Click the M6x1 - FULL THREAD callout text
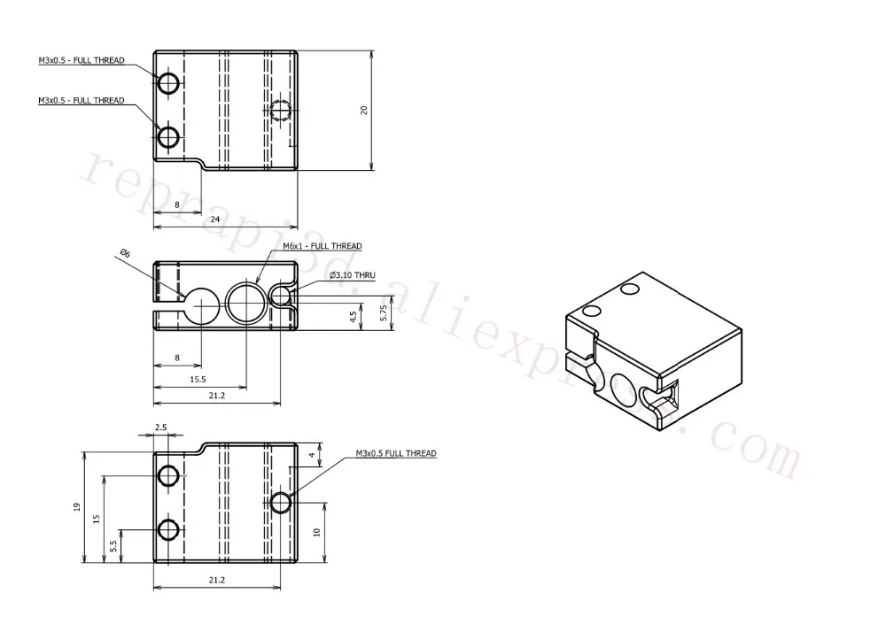tap(322, 246)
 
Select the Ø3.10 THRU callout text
tap(352, 276)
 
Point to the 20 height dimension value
tap(363, 110)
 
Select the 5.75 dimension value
tap(382, 313)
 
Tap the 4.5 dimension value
tap(353, 317)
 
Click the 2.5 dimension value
tap(160, 428)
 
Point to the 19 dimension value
tap(77, 507)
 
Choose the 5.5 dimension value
tap(113, 546)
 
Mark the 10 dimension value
tap(316, 532)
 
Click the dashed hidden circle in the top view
tap(282, 112)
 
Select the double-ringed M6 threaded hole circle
tap(245, 303)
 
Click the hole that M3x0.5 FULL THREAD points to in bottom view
tap(282, 503)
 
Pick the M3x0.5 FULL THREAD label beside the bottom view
tap(395, 454)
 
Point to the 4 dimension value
tap(312, 456)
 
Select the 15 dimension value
tap(96, 518)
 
